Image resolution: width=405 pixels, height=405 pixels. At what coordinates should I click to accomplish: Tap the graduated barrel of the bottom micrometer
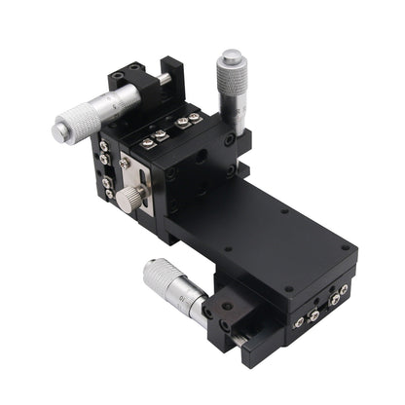click(x=195, y=304)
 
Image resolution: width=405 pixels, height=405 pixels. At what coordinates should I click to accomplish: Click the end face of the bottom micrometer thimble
click(x=151, y=273)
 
